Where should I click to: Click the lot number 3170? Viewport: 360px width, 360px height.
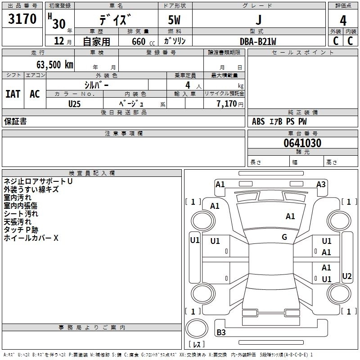[22, 20]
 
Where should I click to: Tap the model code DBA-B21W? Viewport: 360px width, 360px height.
[258, 41]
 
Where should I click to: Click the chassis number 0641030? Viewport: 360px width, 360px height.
[302, 144]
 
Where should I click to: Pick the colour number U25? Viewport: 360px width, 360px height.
[74, 103]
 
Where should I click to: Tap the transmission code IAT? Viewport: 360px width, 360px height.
[13, 94]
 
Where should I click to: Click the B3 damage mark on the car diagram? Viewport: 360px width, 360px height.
[221, 333]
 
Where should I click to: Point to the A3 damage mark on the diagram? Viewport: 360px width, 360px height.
[321, 184]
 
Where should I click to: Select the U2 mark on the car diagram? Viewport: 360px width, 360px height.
[347, 276]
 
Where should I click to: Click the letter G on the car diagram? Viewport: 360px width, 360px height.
[284, 237]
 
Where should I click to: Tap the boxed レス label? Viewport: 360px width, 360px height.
[196, 345]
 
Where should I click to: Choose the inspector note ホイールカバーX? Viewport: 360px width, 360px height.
[31, 238]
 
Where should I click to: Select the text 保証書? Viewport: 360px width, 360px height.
[15, 121]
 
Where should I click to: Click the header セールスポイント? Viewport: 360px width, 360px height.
[303, 53]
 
